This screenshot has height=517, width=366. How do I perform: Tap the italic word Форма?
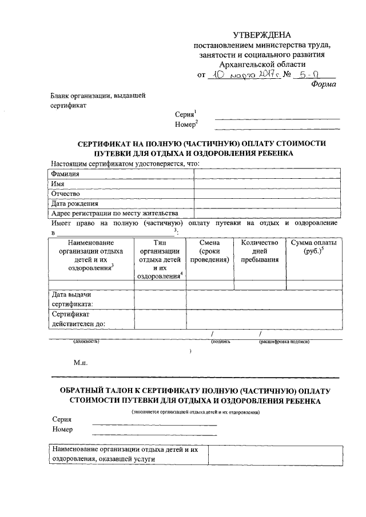pyautogui.click(x=323, y=84)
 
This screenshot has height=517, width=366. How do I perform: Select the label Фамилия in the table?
pyautogui.click(x=65, y=174)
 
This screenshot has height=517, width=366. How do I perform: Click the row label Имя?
pyautogui.click(x=57, y=183)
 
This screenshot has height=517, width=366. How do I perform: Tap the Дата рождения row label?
pyautogui.click(x=75, y=203)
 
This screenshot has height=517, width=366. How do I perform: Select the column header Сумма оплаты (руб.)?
pyautogui.click(x=313, y=247)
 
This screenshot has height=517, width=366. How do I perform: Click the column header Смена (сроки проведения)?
pyautogui.click(x=210, y=251)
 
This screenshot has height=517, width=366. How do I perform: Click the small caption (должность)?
pyautogui.click(x=86, y=342)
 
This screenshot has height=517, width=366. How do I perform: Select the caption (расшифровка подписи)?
pyautogui.click(x=284, y=342)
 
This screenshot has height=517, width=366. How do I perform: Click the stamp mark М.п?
pyautogui.click(x=81, y=362)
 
